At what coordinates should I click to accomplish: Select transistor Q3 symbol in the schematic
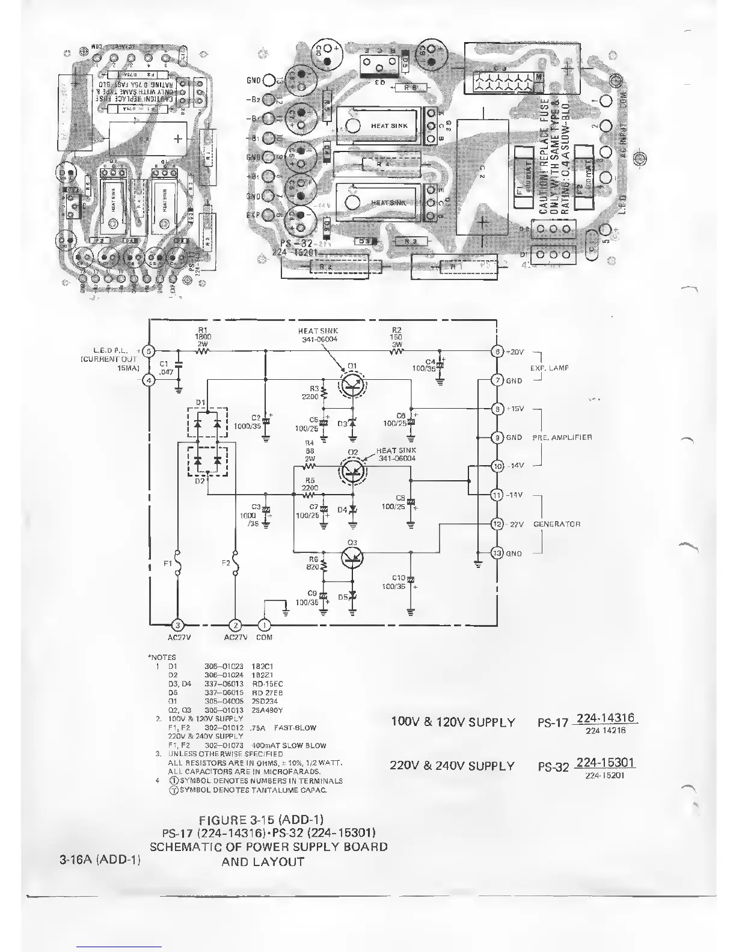[352, 558]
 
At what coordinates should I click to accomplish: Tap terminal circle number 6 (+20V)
[497, 352]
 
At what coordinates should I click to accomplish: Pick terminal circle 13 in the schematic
[497, 553]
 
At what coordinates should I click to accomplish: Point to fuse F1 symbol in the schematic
[178, 563]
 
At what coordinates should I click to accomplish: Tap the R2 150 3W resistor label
[396, 337]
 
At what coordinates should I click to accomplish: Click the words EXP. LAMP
[548, 367]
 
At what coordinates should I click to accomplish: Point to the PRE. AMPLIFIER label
[562, 437]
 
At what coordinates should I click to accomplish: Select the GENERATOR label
[557, 524]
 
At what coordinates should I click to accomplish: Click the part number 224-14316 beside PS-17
[606, 718]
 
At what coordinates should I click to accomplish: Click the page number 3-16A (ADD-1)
[100, 860]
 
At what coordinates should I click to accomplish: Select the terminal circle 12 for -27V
[497, 523]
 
